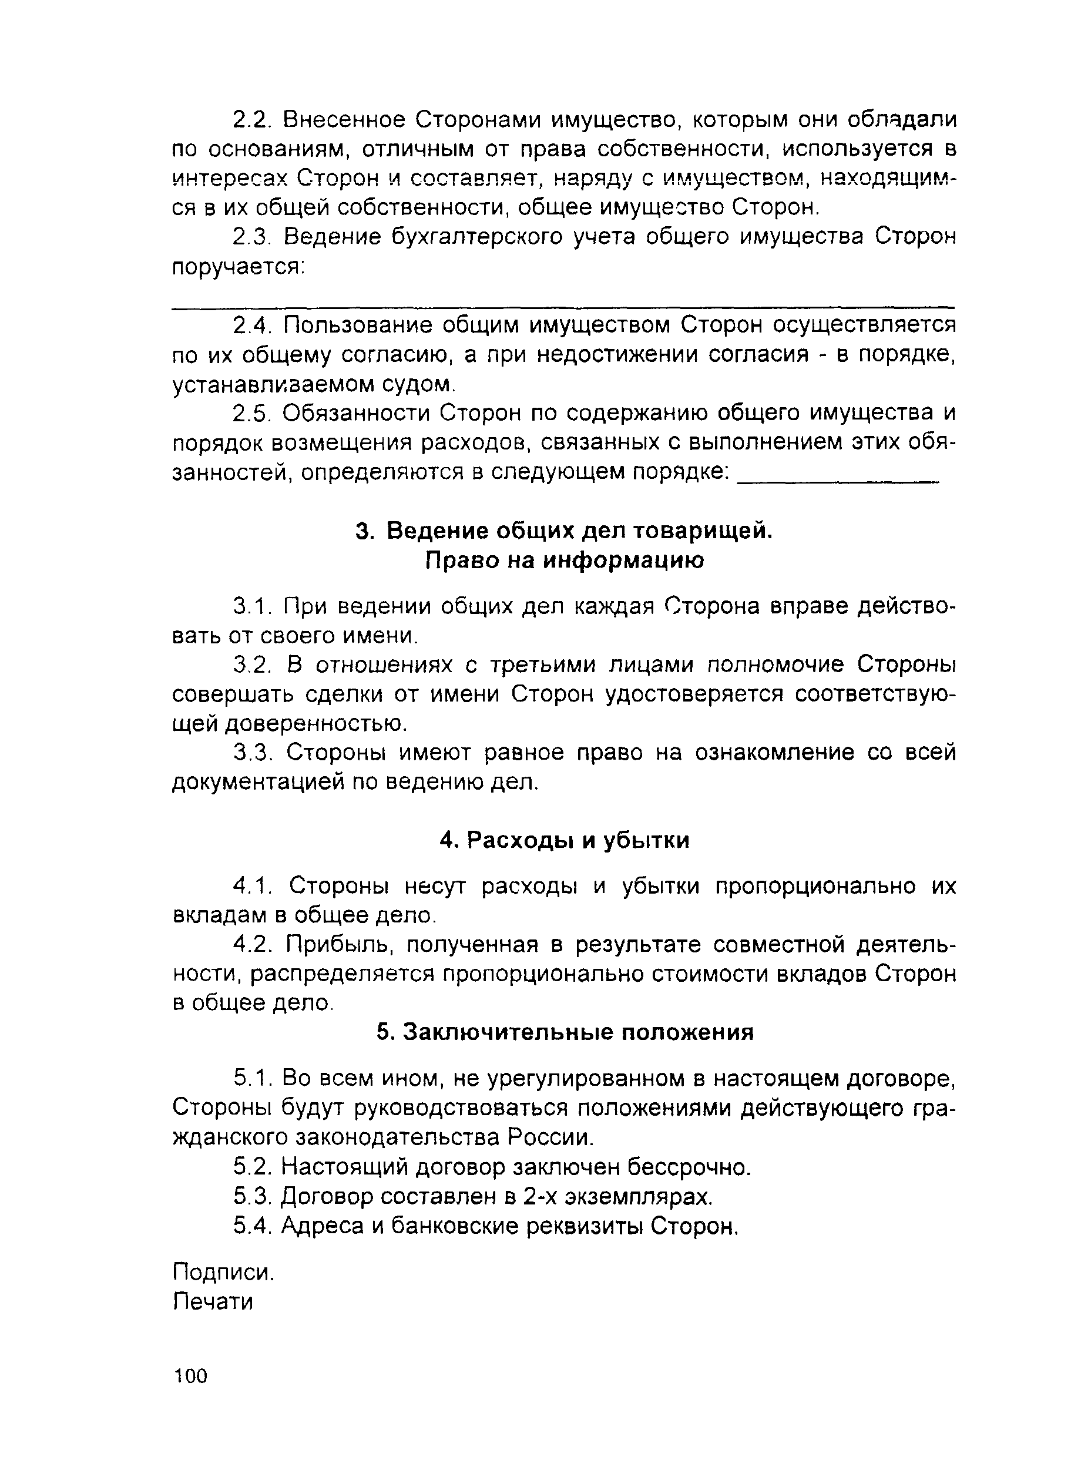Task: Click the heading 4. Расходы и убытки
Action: (565, 841)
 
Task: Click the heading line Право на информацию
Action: (565, 561)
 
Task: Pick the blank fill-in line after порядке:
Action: (837, 481)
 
